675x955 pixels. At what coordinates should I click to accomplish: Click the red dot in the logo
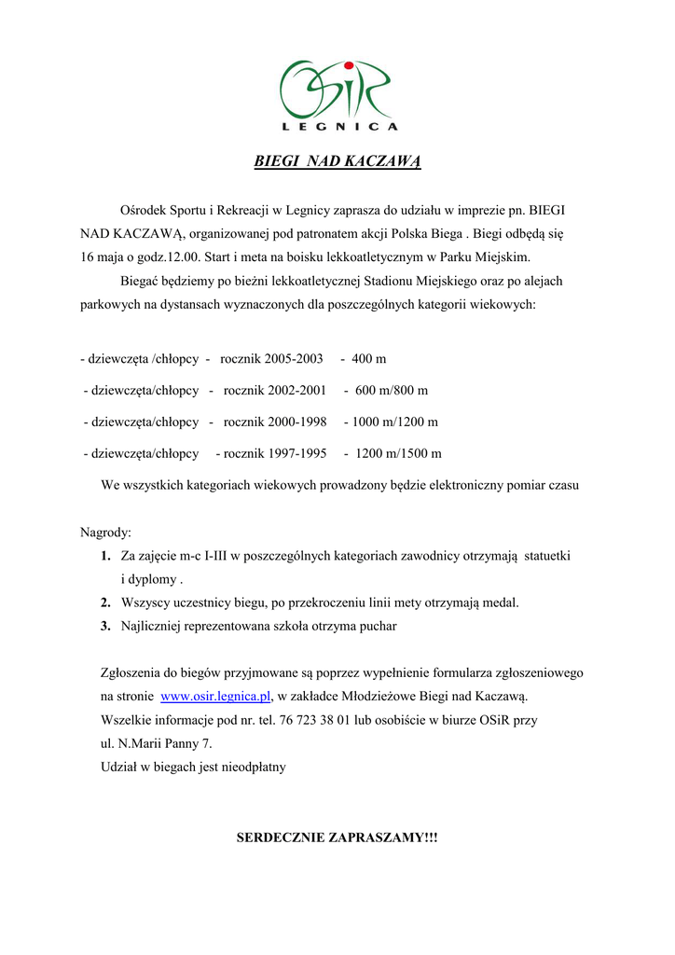pos(348,65)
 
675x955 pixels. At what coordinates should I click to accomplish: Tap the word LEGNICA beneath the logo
pos(338,126)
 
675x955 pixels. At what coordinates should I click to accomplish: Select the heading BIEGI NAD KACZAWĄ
pos(337,161)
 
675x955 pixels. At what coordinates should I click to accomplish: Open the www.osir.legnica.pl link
pos(215,696)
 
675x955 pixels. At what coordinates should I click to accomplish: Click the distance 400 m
pos(369,359)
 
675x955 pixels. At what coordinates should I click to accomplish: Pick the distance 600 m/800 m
pos(392,391)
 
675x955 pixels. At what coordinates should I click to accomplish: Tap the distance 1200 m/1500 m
pos(398,454)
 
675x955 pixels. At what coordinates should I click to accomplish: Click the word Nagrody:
pos(106,533)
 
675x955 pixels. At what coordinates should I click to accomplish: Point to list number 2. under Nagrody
pos(106,603)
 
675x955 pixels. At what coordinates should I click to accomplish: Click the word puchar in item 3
pos(376,627)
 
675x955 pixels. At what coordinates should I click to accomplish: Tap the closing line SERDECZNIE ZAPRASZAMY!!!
pos(337,837)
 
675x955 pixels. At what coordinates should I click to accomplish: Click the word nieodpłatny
pos(252,768)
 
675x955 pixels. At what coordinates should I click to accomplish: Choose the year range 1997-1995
pos(289,454)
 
